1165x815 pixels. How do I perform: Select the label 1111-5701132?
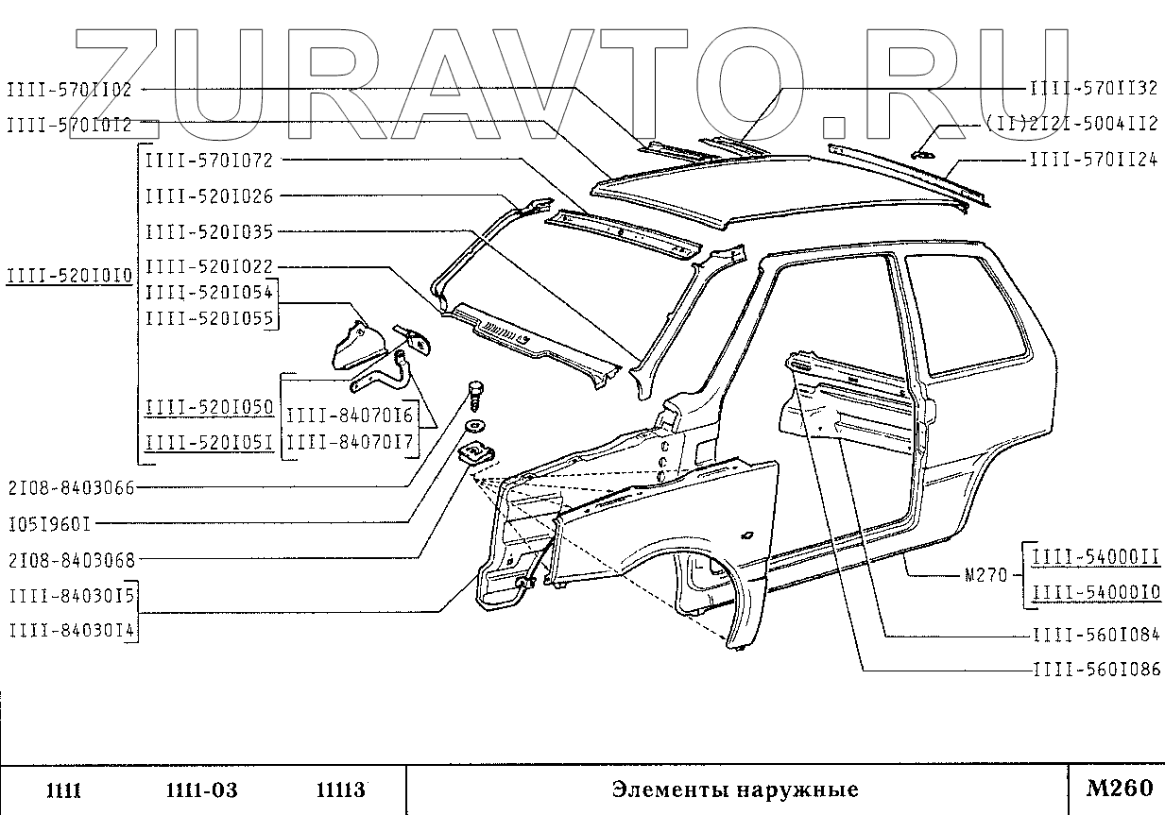1092,88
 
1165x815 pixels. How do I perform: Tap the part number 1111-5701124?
1092,161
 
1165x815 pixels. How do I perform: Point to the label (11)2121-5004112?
1070,124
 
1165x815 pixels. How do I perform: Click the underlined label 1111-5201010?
68,275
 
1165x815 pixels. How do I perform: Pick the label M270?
985,575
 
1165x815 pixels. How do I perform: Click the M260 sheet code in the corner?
1120,788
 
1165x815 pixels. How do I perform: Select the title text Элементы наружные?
734,790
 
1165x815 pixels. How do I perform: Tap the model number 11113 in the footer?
340,790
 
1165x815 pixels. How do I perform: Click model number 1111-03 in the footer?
201,790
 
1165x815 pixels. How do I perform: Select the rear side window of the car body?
968,312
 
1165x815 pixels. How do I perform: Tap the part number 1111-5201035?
209,231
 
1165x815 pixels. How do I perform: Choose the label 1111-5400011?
1094,557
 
